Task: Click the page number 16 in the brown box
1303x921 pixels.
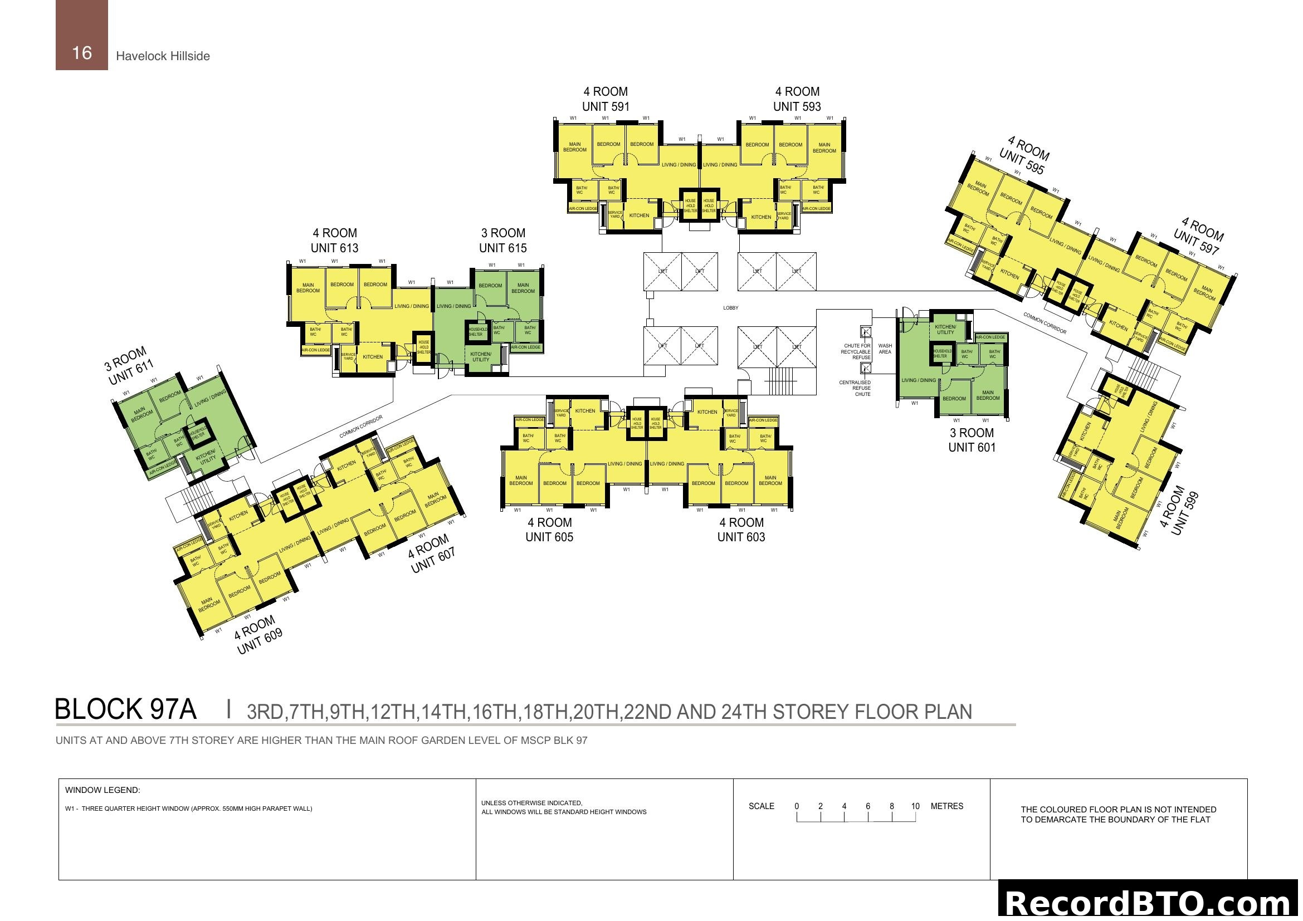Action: (x=82, y=53)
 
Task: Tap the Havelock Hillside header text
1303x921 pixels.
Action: (x=163, y=56)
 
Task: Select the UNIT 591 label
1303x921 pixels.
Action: (x=606, y=106)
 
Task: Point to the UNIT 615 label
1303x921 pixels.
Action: (x=502, y=248)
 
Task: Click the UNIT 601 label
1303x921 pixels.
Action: (x=972, y=448)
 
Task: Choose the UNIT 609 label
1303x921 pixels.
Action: (x=260, y=642)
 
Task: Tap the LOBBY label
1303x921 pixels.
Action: (x=730, y=308)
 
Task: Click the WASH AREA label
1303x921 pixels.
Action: (x=885, y=349)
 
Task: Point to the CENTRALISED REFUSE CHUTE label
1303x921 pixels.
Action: (x=855, y=389)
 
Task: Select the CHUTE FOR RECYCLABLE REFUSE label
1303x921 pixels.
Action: (x=856, y=351)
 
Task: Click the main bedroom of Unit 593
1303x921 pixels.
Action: (x=824, y=148)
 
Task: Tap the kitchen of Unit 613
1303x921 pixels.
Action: (x=372, y=357)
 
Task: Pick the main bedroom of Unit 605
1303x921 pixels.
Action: (x=520, y=481)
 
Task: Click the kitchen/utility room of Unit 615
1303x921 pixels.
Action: (x=480, y=357)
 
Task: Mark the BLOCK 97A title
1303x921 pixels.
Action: (x=125, y=709)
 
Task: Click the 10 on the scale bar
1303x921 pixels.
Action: (x=915, y=806)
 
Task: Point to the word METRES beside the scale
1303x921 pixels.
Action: (x=946, y=806)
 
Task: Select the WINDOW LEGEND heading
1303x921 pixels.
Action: (x=103, y=790)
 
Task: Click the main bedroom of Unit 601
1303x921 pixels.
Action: (x=988, y=395)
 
